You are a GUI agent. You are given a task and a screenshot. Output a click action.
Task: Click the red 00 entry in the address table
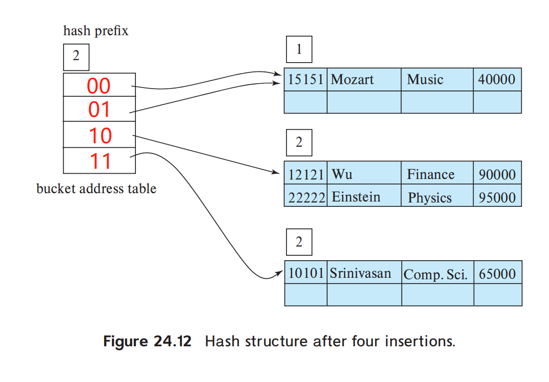pos(99,86)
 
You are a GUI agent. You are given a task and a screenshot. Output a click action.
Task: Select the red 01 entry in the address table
pos(99,110)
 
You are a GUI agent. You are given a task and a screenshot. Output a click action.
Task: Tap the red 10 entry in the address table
pos(100,135)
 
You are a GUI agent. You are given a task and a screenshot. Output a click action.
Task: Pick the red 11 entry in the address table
pos(100,161)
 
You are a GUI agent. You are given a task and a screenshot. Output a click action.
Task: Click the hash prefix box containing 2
pos(76,56)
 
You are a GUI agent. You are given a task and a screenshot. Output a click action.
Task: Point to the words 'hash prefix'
pos(96,31)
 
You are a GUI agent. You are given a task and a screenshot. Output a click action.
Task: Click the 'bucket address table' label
pos(96,189)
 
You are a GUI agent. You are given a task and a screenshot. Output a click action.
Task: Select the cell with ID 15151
pos(306,79)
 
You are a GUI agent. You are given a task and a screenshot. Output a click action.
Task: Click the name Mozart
pos(352,79)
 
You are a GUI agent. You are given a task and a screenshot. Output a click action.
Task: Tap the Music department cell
pos(425,79)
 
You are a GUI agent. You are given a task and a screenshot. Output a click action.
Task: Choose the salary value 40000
pos(497,79)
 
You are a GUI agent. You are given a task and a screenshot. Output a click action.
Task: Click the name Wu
pos(342,174)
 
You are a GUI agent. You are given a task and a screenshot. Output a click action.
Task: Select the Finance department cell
pos(431,174)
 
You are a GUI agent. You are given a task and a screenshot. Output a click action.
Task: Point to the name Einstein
pos(356,197)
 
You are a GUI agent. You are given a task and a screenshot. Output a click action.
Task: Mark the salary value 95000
pos(497,197)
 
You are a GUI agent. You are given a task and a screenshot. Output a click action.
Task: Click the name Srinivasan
pos(360,273)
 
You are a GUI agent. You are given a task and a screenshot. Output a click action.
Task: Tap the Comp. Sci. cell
pos(435,274)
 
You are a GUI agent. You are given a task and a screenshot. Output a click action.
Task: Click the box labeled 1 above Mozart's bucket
pos(299,50)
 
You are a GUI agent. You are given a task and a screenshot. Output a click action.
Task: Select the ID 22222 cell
pos(306,197)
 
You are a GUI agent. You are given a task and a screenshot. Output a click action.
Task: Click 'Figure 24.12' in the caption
pos(147,341)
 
